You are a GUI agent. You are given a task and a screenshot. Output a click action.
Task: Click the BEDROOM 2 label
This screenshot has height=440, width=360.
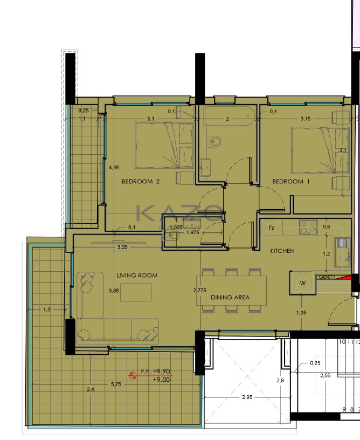[x=141, y=182]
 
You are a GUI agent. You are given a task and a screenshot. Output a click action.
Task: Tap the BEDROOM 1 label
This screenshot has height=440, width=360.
[x=290, y=182]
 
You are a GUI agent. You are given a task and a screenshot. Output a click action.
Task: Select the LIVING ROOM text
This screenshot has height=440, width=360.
[x=137, y=276]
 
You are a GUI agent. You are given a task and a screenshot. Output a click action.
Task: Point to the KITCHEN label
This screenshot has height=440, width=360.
[x=282, y=251]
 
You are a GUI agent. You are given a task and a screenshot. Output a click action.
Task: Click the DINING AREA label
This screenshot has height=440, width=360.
[x=230, y=298]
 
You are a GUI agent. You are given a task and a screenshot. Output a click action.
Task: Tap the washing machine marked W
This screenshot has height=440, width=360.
[x=303, y=283]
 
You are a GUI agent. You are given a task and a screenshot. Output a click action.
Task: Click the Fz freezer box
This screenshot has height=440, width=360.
[x=272, y=228]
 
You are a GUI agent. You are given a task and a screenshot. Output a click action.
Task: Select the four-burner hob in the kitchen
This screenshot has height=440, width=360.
[x=308, y=228]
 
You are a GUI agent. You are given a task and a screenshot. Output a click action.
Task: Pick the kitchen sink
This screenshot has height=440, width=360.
[x=342, y=252]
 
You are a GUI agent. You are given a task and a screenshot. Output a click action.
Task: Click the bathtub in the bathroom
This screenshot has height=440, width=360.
[x=230, y=116]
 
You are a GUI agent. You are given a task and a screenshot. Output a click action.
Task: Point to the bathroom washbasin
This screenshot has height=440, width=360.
[x=205, y=168]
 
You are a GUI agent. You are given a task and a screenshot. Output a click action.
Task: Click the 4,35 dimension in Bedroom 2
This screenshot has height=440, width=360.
[x=114, y=168]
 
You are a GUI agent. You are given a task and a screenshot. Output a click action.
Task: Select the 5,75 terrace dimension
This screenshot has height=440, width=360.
[x=116, y=384]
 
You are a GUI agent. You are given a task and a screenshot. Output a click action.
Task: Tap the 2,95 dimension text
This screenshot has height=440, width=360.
[x=247, y=397]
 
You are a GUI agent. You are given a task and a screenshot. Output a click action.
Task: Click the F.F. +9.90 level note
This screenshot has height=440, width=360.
[x=155, y=371]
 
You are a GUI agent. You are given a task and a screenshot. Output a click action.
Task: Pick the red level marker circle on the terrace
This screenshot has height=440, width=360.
[x=133, y=375]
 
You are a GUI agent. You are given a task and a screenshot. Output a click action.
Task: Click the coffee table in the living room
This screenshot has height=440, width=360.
[x=136, y=292]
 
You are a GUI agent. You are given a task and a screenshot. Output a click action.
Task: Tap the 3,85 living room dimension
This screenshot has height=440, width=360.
[x=114, y=291]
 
